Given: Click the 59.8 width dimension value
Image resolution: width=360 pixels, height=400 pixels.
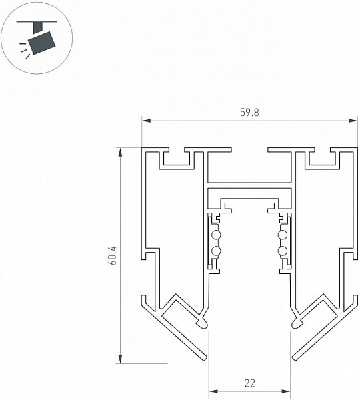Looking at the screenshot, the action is click(249, 113).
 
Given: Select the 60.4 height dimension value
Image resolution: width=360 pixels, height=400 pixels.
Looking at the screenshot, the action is click(113, 255).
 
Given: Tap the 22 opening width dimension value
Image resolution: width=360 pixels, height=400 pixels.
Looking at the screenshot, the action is click(249, 383).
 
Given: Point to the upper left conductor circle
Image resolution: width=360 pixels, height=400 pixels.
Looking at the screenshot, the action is click(217, 235).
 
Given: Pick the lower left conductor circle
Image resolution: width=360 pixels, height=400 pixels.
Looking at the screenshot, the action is click(217, 251).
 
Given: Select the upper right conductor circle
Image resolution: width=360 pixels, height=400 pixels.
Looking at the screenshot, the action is click(283, 235).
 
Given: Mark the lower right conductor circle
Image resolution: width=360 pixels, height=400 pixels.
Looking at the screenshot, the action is click(283, 251).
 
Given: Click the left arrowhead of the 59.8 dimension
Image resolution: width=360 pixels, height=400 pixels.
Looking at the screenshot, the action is click(146, 121).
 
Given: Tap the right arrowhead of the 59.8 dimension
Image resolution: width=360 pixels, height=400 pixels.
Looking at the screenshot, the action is click(353, 121).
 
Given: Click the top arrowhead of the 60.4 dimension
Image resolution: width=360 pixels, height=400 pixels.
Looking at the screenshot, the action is click(120, 152).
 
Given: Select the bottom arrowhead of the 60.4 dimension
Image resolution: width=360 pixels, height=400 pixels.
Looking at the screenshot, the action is click(120, 359).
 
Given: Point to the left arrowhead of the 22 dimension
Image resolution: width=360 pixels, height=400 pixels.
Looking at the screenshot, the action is click(213, 391).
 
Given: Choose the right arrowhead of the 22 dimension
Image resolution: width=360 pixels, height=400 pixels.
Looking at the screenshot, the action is click(286, 391).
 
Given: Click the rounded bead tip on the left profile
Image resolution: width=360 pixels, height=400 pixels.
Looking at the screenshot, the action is click(202, 323).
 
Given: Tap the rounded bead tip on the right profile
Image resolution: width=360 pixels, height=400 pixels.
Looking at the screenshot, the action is click(297, 323).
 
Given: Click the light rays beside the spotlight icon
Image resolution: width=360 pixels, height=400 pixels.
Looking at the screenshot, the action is click(24, 51).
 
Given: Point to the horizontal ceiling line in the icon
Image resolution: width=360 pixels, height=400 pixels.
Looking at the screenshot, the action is click(37, 22).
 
